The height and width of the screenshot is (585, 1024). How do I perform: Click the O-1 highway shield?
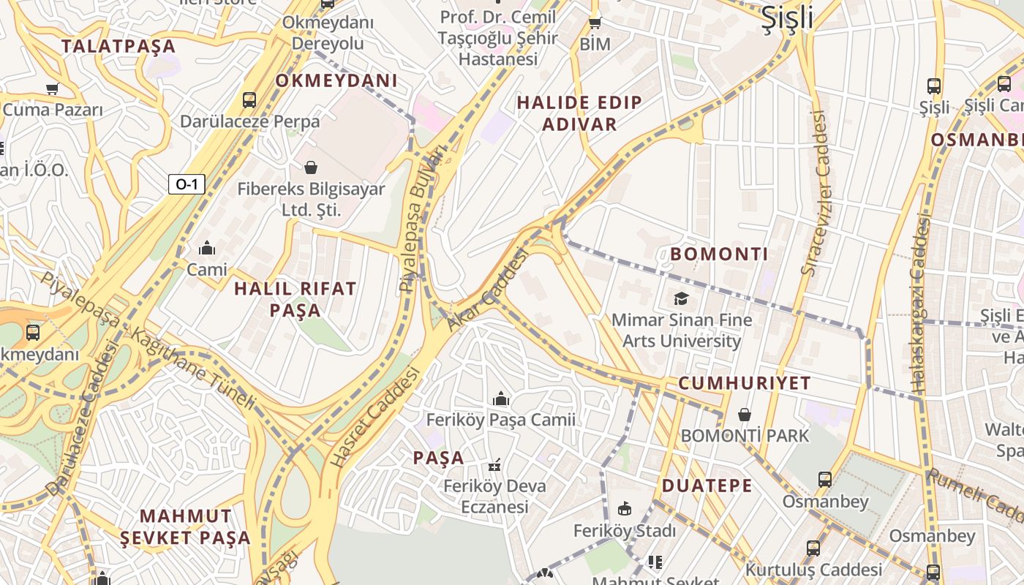click(187, 184)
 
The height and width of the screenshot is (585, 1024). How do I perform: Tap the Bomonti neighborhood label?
click(719, 254)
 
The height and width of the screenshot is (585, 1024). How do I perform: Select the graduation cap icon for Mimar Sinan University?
click(682, 298)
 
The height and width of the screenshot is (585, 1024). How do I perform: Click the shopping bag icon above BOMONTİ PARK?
click(745, 415)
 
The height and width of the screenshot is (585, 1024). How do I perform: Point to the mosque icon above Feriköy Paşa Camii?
click(501, 399)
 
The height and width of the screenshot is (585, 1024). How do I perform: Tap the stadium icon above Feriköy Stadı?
click(625, 508)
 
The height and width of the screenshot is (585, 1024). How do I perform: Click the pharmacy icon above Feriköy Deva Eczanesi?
click(495, 464)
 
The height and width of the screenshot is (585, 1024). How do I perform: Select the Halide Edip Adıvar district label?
click(579, 113)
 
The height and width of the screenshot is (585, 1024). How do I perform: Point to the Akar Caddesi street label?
click(486, 290)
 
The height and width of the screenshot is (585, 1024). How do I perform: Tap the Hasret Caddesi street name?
click(376, 417)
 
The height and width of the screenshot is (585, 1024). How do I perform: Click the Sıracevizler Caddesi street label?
click(817, 193)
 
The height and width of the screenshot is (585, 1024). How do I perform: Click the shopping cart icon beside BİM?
click(595, 23)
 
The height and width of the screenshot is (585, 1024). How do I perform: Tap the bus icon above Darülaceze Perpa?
click(249, 99)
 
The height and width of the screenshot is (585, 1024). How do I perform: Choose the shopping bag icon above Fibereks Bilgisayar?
click(311, 167)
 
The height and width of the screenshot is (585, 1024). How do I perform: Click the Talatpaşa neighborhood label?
click(118, 46)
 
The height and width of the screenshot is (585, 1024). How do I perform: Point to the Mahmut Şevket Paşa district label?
click(185, 527)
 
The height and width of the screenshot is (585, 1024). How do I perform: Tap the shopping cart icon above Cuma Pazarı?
click(52, 89)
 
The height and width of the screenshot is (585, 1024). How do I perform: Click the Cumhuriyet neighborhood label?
click(745, 383)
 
